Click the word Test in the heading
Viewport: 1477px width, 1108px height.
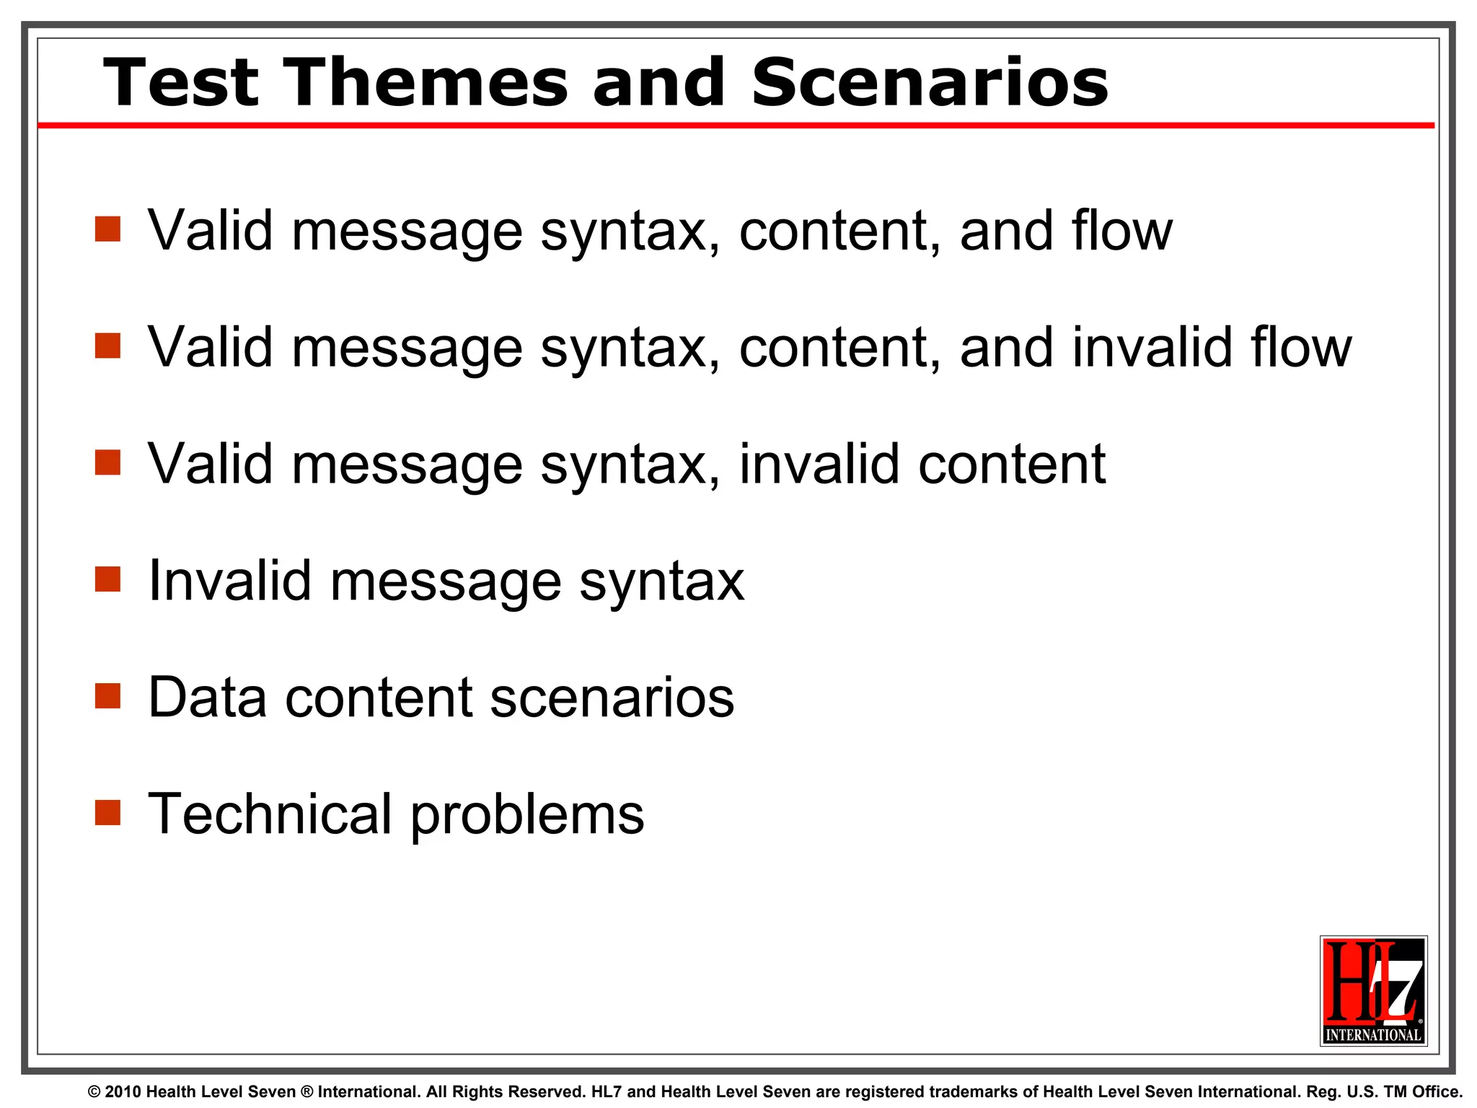pos(181,83)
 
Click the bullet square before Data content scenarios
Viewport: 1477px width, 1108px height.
pos(107,696)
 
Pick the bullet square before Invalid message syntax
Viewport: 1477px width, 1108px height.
pos(107,579)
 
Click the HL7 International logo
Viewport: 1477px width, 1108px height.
pos(1373,991)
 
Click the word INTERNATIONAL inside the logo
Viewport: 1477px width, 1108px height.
pos(1373,1034)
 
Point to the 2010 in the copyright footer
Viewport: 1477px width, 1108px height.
pos(123,1092)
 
